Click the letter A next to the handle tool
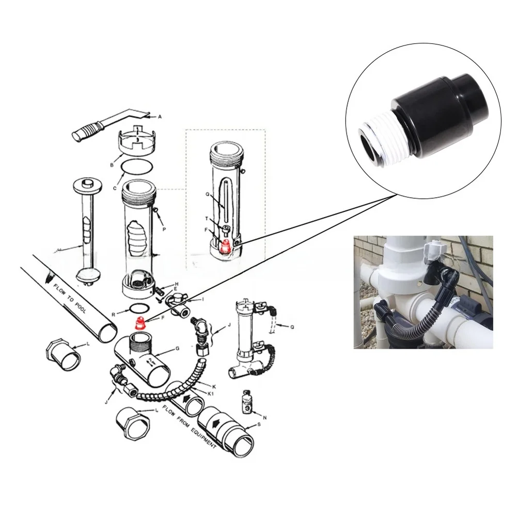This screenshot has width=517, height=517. [160, 117]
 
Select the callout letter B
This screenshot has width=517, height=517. [111, 165]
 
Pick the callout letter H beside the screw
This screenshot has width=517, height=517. [176, 284]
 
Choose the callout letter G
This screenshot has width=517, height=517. [177, 349]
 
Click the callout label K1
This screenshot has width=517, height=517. [211, 393]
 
